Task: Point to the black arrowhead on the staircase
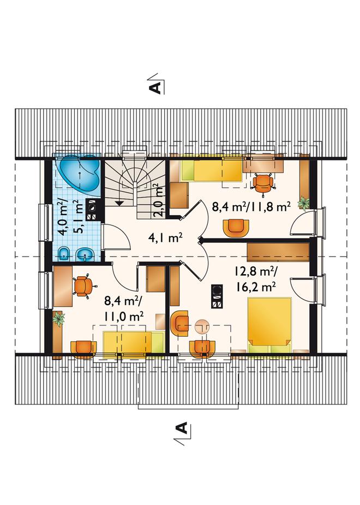[119, 203]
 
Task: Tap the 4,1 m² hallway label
[165, 237]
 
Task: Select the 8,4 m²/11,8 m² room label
[251, 206]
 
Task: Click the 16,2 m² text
[256, 286]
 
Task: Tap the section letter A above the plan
[155, 87]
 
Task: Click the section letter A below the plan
[182, 427]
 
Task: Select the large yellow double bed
[269, 325]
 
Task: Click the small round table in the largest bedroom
[202, 325]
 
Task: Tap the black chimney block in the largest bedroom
[216, 296]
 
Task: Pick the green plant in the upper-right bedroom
[304, 203]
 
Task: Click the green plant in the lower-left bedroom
[58, 319]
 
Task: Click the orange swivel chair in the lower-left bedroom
[83, 286]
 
